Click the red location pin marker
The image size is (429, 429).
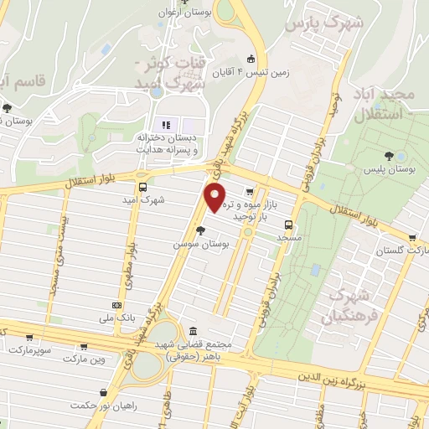point(215,197)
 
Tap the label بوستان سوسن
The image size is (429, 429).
point(201,243)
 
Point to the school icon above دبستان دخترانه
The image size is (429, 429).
point(164,125)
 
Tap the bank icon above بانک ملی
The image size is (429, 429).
point(116,305)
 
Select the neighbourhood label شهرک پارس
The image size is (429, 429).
point(324,23)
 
